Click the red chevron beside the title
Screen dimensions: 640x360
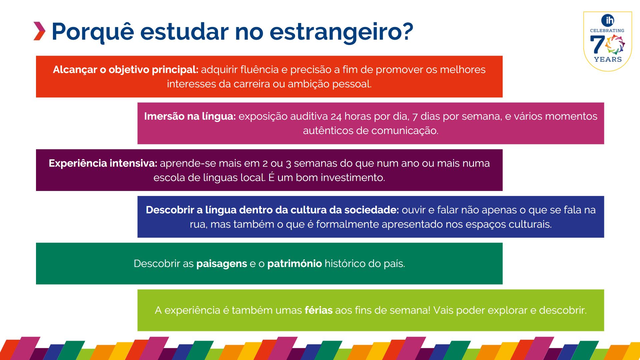[x=39, y=31]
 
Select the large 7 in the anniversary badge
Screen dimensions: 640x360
[x=597, y=45]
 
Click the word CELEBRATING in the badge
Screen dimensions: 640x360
[x=607, y=30]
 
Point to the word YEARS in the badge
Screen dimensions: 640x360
[x=608, y=59]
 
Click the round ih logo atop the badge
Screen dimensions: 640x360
[x=608, y=20]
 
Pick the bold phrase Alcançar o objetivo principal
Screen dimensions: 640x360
[x=126, y=70]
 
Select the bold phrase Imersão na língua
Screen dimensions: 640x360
[x=190, y=116]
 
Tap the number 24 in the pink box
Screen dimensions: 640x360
[x=336, y=117]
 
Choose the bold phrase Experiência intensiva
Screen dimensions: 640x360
[x=103, y=163]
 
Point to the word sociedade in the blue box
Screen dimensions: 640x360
[x=372, y=210]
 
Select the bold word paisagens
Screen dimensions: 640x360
[x=222, y=264]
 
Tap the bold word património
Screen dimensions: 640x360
[x=295, y=264]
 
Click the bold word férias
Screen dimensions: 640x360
[x=319, y=310]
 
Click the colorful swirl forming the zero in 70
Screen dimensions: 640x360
[x=615, y=45]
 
